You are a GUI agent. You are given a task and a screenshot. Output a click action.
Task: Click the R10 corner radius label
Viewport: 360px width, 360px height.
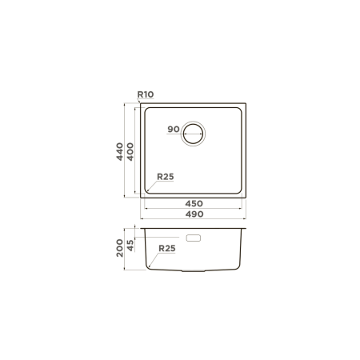tap(146, 94)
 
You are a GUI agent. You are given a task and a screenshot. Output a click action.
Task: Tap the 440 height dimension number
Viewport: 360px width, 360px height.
tap(120, 151)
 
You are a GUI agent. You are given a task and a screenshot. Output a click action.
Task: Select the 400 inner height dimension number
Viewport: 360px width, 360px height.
tap(130, 151)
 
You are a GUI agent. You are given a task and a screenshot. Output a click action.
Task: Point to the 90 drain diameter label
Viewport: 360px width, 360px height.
tap(174, 129)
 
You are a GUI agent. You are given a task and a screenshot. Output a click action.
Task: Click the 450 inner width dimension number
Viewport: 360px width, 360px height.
tap(194, 204)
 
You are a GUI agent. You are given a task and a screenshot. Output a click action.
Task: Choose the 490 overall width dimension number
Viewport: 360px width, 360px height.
tap(194, 214)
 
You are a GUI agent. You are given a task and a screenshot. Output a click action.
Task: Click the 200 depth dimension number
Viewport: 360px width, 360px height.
tap(120, 248)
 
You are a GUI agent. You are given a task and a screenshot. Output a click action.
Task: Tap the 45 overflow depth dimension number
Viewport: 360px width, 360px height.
tap(130, 246)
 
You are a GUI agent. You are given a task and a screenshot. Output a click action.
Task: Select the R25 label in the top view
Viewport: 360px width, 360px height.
tap(166, 177)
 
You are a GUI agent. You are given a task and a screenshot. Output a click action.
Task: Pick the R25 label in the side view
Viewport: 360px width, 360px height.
tap(167, 248)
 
